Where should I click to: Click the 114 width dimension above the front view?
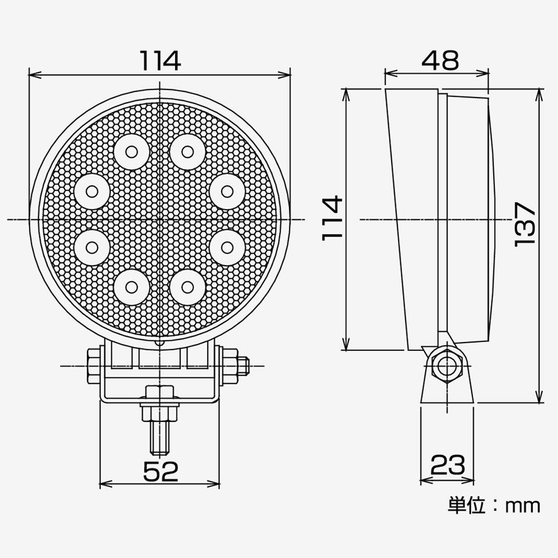[160, 60]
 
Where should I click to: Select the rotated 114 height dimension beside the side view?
[333, 218]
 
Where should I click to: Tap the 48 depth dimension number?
[440, 60]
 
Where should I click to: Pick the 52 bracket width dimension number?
[160, 472]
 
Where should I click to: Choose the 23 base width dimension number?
[447, 464]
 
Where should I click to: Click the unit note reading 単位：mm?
[494, 506]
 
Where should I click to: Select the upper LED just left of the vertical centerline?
[132, 151]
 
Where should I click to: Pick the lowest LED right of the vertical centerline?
[187, 287]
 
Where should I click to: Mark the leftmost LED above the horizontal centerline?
[92, 191]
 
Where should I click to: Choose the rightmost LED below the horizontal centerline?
[227, 246]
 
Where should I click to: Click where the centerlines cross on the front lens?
[160, 219]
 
